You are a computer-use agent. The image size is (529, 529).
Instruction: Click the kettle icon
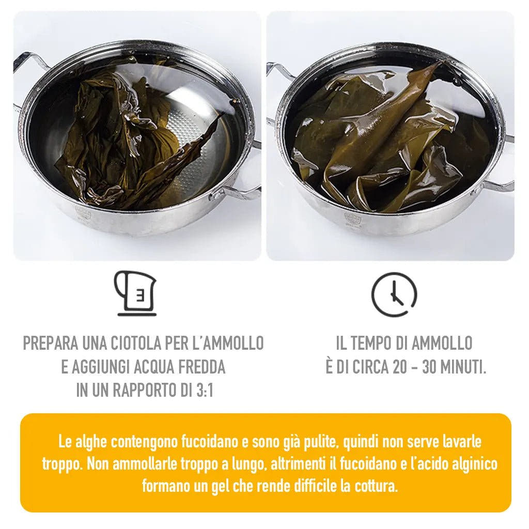pos(136,293)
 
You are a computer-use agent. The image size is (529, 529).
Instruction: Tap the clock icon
pos(394,294)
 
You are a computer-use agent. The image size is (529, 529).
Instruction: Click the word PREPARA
pos(50,343)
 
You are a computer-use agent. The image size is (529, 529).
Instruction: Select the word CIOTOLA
pos(136,343)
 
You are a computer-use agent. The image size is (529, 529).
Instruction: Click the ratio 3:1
pos(204,391)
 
